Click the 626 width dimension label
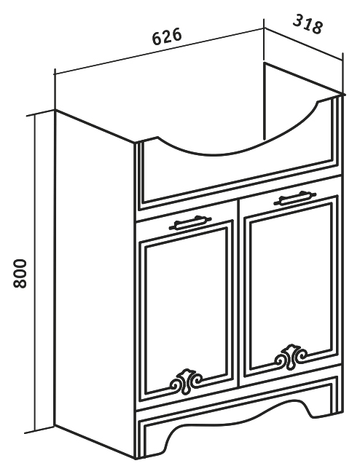pyautogui.click(x=167, y=36)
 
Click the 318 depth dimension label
pyautogui.click(x=308, y=23)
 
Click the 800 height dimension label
pyautogui.click(x=20, y=273)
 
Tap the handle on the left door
pyautogui.click(x=190, y=222)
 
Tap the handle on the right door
pyautogui.click(x=295, y=198)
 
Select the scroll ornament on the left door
pyautogui.click(x=186, y=382)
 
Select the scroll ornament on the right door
pyautogui.click(x=291, y=358)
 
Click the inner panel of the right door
pyautogui.click(x=291, y=284)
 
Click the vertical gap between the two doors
pyautogui.click(x=238, y=293)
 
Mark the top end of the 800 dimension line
pyautogui.click(x=35, y=115)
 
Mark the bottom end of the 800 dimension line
pyautogui.click(x=35, y=431)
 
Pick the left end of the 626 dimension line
pyautogui.click(x=55, y=74)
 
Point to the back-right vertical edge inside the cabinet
pyautogui.click(x=265, y=101)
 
